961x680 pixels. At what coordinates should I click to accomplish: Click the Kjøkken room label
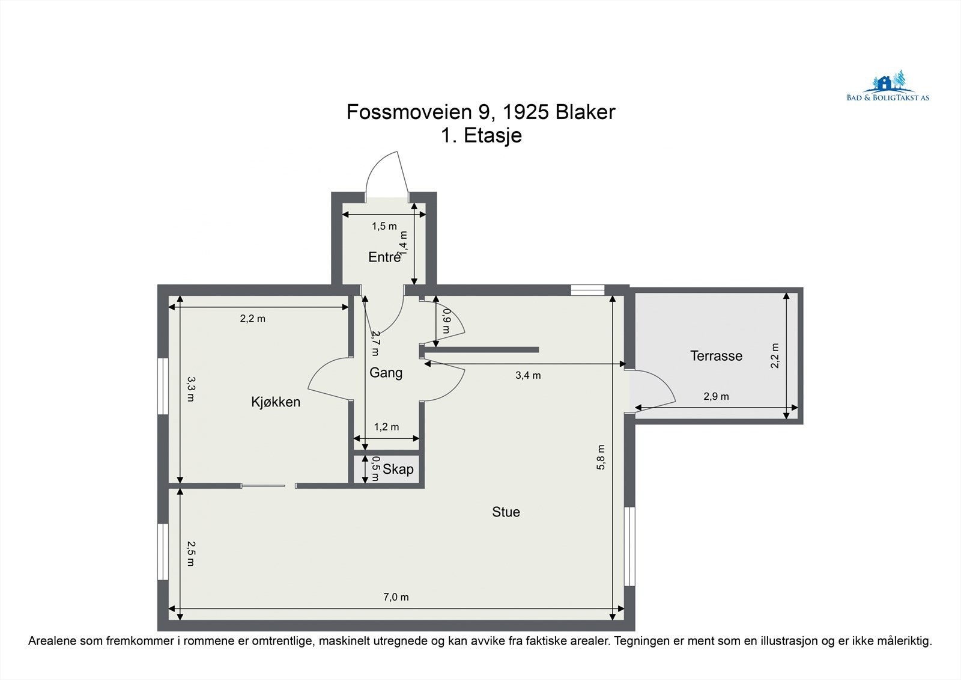(276, 402)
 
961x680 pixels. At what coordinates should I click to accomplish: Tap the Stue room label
(506, 512)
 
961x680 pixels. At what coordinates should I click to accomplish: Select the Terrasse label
(716, 356)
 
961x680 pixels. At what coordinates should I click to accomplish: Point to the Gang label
(386, 373)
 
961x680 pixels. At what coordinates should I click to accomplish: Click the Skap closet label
(398, 470)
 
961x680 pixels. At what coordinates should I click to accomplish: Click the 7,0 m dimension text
(396, 597)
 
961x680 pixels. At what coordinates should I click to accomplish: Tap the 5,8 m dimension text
(601, 457)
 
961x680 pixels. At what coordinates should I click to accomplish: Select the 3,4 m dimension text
(528, 376)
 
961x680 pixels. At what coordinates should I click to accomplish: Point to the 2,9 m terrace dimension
(716, 397)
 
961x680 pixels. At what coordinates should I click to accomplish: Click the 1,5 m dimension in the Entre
(384, 227)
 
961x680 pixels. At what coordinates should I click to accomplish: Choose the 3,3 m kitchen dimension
(190, 389)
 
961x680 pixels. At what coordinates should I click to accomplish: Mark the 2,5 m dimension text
(190, 553)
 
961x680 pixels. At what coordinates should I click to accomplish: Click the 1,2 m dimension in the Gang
(386, 427)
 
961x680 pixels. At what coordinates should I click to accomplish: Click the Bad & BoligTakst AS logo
(887, 88)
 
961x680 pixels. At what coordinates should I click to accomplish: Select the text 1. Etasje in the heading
(481, 135)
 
